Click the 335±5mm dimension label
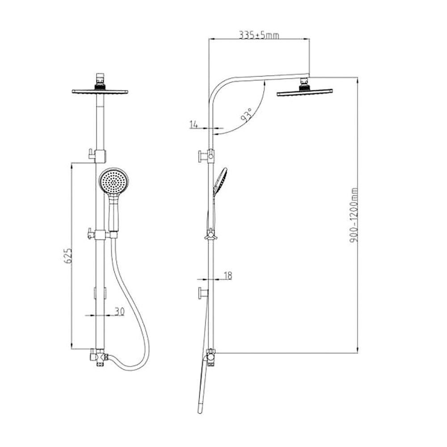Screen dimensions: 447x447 click(259, 35)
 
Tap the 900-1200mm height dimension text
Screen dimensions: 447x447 click(354, 215)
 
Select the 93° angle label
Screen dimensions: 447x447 click(247, 115)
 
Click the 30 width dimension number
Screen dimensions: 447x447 click(119, 311)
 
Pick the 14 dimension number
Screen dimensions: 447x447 click(194, 124)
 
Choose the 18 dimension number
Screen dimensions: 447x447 click(228, 275)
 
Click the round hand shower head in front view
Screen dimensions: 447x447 click(114, 181)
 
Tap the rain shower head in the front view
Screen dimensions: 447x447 click(100, 92)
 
